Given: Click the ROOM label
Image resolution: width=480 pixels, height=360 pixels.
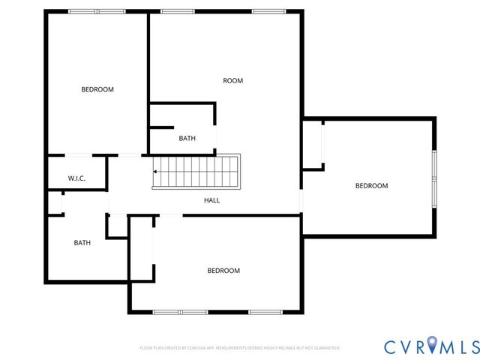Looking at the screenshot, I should coord(232,80).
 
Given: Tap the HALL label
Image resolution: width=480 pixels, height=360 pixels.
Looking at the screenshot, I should coord(212,200).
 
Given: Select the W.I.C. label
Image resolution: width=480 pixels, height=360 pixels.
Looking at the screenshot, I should coord(76,178).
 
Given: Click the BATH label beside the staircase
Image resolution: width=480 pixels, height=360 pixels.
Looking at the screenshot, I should coord(187,139).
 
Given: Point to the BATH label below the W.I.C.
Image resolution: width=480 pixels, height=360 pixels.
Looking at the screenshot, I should coord(82,243).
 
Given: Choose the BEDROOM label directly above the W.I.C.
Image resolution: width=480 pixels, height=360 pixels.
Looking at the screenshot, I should coord(97,89).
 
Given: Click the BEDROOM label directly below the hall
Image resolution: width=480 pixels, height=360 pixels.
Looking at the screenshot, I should coord(223,271).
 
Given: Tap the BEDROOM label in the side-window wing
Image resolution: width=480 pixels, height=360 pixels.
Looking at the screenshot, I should coord(371,186).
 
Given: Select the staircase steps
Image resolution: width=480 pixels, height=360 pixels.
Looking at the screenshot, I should coord(196,172).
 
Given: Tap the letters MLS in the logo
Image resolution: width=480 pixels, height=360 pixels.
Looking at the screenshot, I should coord(460,346).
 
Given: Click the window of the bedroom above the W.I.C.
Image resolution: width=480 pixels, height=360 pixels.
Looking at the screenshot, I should coord(97,11).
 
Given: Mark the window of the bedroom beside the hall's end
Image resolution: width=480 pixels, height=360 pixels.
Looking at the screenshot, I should coord(433,178).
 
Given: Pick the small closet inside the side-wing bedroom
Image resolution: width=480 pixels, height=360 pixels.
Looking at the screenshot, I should coord(313,145).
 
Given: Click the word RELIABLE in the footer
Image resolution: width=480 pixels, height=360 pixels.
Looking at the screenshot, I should coord(274,348).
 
